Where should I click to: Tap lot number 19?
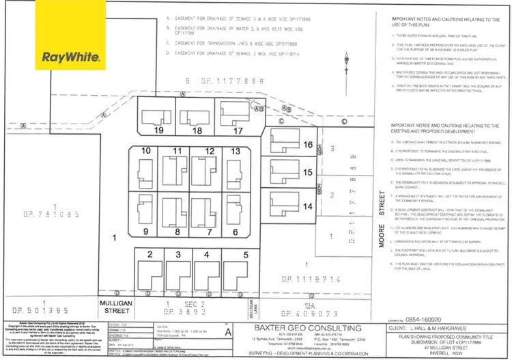point(159,130)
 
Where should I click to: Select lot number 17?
point(238,130)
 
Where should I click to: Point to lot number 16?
point(308,145)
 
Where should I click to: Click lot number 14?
point(308,206)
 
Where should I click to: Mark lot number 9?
point(145,232)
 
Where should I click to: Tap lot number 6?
point(236,232)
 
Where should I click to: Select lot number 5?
point(245,254)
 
